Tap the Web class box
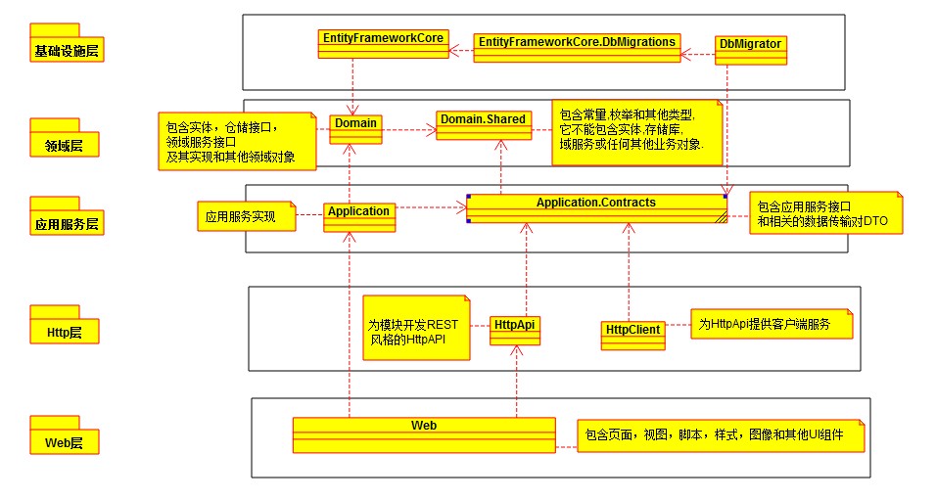coord(423,434)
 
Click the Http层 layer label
coord(67,332)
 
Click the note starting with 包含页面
coord(721,435)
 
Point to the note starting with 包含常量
coord(637,129)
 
